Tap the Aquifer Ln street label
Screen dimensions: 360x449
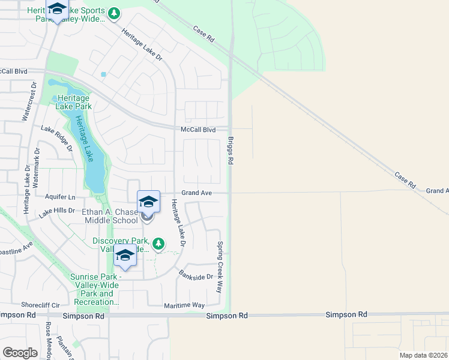(x=60, y=197)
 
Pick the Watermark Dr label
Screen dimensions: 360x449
(x=36, y=166)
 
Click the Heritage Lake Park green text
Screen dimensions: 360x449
(x=72, y=102)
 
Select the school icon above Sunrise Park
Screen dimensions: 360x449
(x=125, y=256)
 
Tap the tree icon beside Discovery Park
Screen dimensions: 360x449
(x=158, y=244)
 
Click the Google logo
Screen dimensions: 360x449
(x=20, y=353)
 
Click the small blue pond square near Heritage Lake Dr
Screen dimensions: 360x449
(x=103, y=74)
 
